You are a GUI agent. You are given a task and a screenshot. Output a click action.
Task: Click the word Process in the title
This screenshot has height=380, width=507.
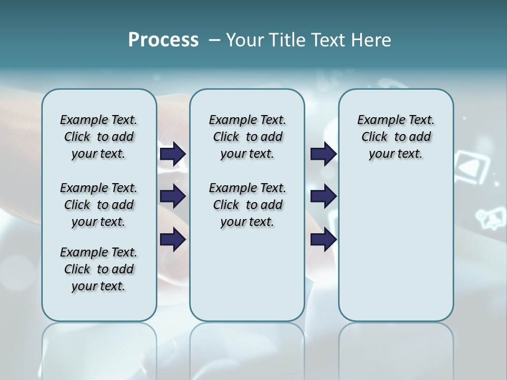(x=163, y=40)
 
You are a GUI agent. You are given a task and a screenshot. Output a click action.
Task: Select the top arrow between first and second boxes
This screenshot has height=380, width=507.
(x=173, y=154)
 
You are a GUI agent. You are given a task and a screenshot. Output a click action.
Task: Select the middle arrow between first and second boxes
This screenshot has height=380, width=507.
(x=173, y=196)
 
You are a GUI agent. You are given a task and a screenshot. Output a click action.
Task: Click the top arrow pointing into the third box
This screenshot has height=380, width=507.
(x=323, y=154)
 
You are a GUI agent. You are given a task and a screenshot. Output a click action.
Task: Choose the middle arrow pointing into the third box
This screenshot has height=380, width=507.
(x=323, y=196)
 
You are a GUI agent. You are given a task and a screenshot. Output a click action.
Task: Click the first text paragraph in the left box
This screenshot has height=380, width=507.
(x=99, y=137)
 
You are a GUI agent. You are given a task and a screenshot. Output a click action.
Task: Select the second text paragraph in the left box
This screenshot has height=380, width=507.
(x=99, y=205)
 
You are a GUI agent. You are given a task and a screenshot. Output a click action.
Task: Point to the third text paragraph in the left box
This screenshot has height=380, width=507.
(x=99, y=269)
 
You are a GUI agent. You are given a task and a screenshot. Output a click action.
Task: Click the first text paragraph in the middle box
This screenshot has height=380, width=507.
(x=247, y=137)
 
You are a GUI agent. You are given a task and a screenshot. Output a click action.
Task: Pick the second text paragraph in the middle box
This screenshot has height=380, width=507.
(x=247, y=205)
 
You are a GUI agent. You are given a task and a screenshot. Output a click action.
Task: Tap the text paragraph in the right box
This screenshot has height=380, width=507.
(x=396, y=137)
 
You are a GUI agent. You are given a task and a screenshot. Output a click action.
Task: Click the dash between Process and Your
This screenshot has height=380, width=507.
(x=214, y=40)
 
